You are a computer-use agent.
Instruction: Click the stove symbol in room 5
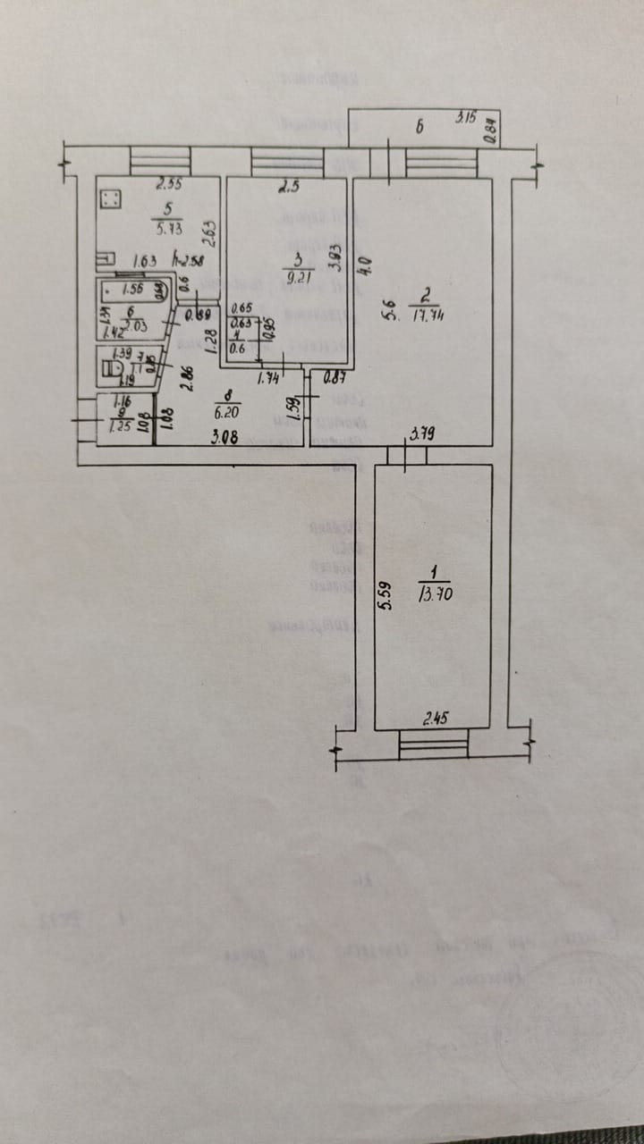point(111,199)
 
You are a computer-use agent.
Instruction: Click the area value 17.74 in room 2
point(428,315)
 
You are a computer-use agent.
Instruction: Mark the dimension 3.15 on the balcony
point(465,117)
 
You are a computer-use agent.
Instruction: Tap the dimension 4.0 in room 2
point(364,266)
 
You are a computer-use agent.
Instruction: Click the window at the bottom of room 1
point(434,744)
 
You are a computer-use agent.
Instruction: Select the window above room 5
point(161,161)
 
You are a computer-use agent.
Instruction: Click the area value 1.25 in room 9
point(119,426)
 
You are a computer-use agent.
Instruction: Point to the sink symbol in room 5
point(106,260)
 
